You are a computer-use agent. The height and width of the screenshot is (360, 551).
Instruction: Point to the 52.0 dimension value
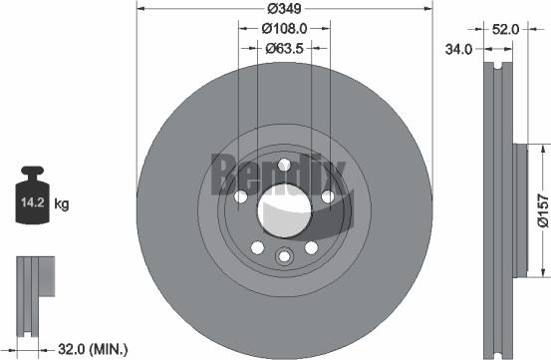(505, 30)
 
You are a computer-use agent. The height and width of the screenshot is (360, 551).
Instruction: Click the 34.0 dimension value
(459, 47)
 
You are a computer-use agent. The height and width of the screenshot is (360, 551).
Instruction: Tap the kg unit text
(62, 205)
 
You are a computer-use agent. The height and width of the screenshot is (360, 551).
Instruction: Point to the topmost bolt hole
(284, 166)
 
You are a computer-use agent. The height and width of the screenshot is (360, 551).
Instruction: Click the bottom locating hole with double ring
(284, 257)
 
